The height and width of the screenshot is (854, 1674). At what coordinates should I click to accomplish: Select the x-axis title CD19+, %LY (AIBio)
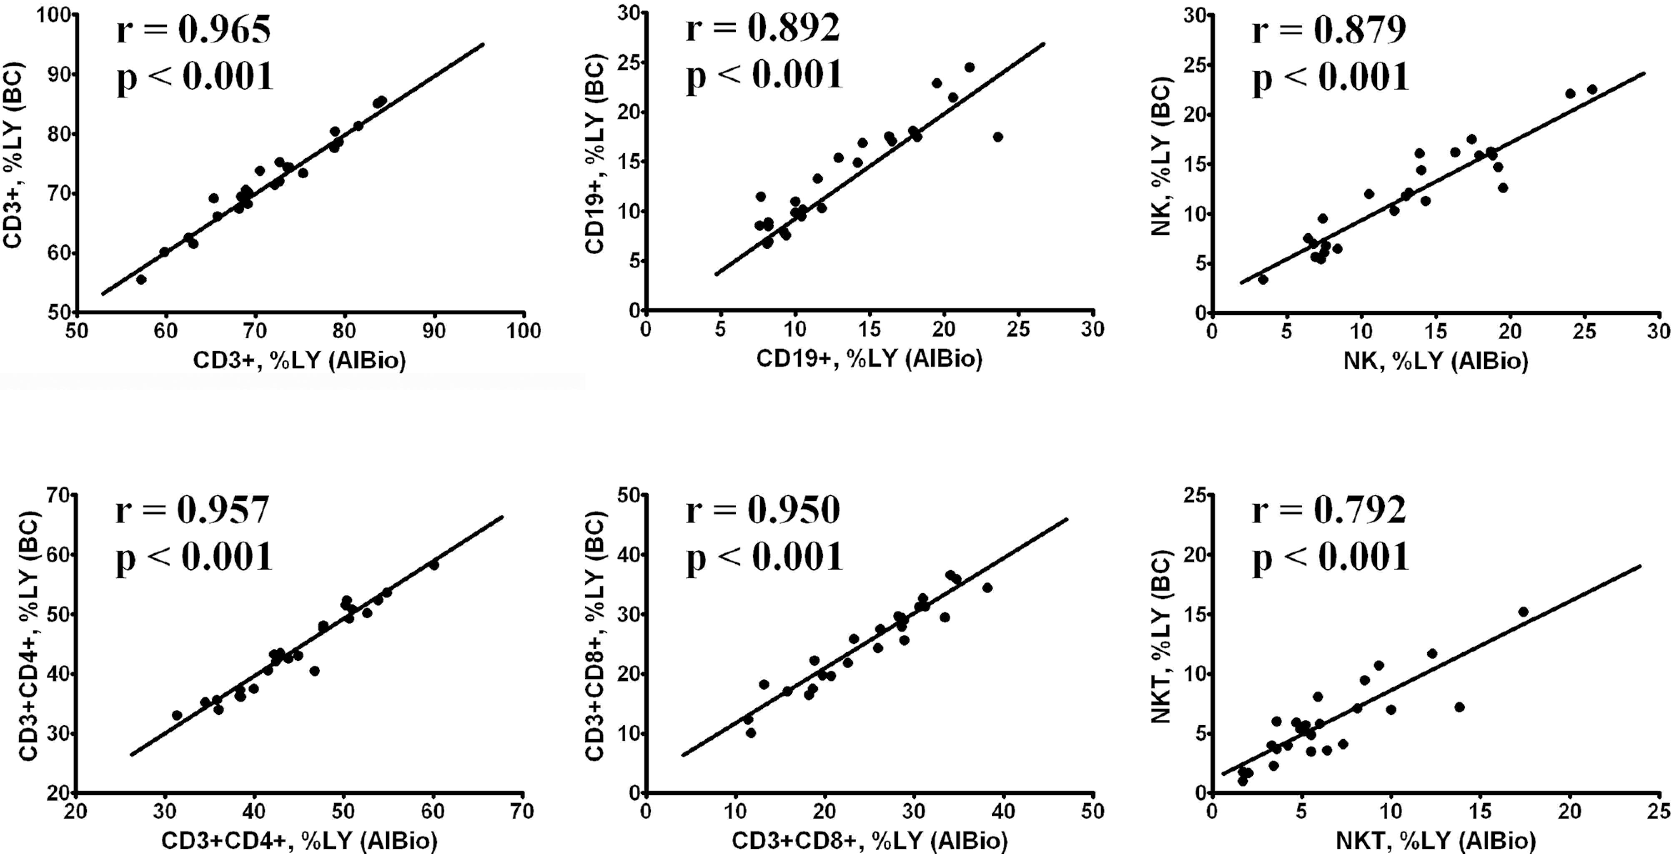click(869, 359)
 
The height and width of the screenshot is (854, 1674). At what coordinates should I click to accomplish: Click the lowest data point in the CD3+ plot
click(141, 279)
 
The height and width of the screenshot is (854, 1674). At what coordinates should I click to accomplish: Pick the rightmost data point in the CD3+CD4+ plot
click(434, 565)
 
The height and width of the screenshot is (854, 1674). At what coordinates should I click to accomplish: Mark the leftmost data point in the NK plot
click(1263, 279)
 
